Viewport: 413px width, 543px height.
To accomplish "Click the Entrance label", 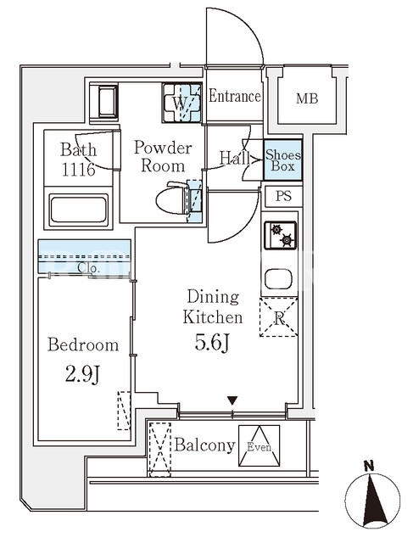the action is [235, 96].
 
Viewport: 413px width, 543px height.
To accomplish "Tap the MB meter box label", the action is [307, 98].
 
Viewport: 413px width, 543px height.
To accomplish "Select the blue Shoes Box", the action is [283, 160].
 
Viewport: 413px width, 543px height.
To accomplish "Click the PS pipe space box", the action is [284, 196].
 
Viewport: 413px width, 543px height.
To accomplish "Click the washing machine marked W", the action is [181, 103].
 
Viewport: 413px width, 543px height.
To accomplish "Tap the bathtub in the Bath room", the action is [78, 210].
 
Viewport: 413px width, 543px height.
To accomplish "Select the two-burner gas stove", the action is [281, 235].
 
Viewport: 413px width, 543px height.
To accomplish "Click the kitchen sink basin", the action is [278, 279].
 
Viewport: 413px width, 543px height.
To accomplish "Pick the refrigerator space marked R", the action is [279, 317].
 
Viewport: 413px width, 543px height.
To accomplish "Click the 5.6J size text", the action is [212, 343].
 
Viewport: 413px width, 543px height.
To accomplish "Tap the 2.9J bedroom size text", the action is [82, 374].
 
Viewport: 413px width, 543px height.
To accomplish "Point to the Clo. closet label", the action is [89, 268].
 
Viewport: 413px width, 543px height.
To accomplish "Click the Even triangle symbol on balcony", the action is [259, 445].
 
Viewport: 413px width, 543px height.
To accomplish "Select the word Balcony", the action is [205, 445].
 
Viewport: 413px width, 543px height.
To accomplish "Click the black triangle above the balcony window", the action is [232, 400].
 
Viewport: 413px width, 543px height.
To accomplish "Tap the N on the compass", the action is [370, 466].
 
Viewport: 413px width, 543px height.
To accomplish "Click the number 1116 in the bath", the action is [78, 170].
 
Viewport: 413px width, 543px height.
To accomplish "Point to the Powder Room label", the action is [163, 156].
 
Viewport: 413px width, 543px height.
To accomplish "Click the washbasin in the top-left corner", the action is [108, 102].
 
